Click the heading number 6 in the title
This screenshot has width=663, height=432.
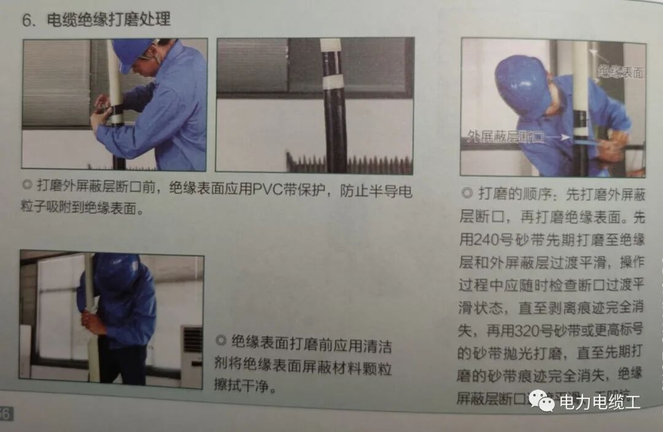point(27,20)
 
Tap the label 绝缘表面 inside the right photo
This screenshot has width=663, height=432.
point(621,72)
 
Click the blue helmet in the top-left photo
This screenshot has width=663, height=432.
point(131,52)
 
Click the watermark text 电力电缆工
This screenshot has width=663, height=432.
point(599,403)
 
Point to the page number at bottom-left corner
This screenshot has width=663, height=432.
point(6,413)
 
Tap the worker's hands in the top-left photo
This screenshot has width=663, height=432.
point(100,111)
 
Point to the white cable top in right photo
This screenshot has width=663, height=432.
point(580,61)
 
